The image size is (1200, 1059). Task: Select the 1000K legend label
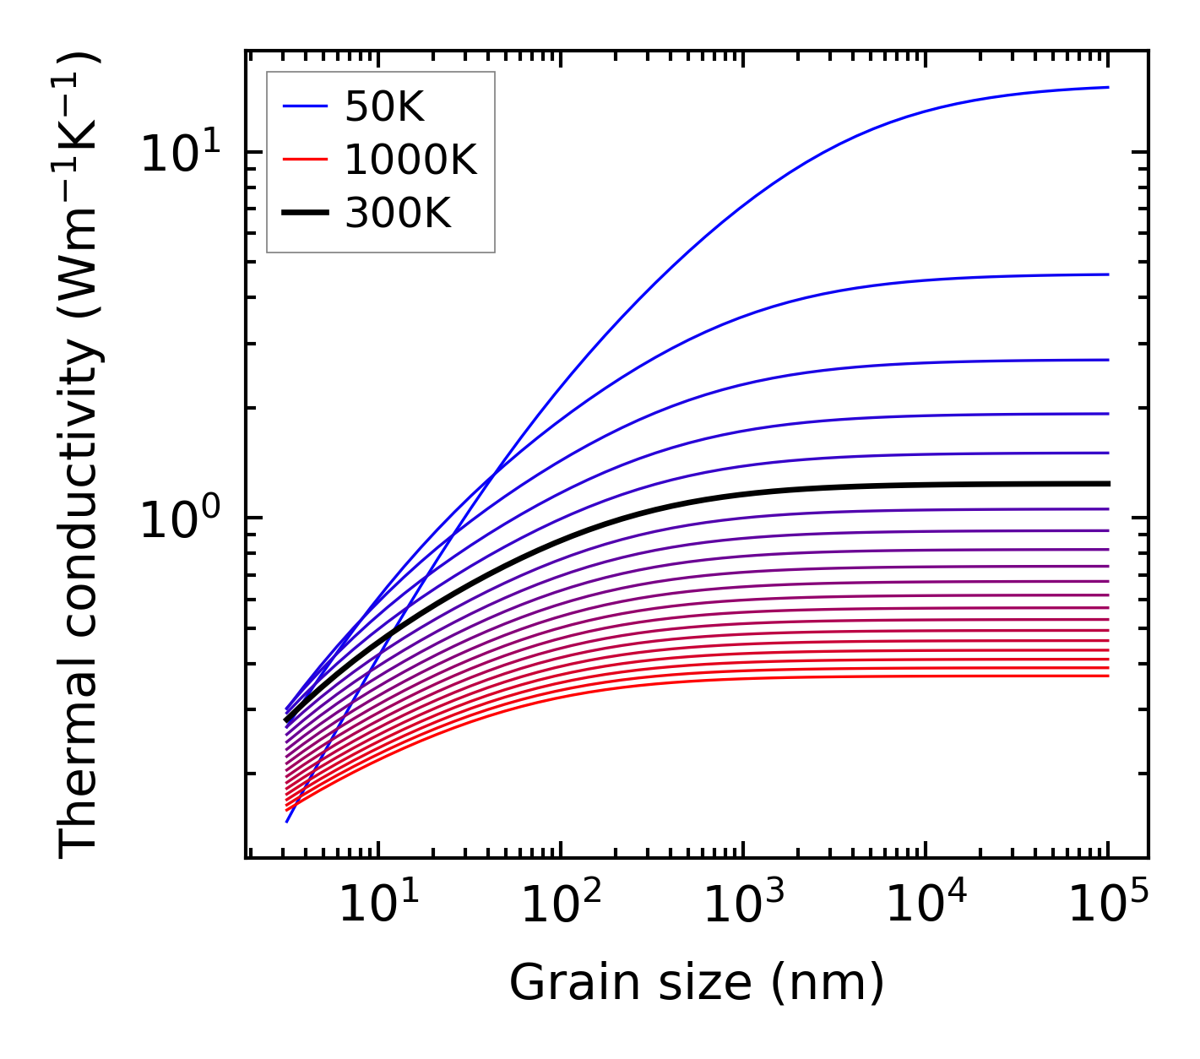(x=410, y=160)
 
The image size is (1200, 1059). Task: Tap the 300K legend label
(x=398, y=214)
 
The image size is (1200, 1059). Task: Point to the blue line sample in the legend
(x=304, y=106)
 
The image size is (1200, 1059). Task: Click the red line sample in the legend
(x=304, y=160)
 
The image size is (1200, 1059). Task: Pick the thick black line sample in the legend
(x=304, y=214)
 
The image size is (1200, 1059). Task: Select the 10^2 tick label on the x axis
(x=559, y=905)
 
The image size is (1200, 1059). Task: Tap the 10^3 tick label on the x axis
(x=741, y=905)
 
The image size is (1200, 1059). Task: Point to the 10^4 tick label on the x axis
(x=925, y=905)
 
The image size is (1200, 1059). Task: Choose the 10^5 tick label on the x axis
(x=1107, y=905)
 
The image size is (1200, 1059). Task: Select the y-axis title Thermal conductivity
(x=79, y=456)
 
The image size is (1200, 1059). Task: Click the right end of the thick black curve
(x=1107, y=484)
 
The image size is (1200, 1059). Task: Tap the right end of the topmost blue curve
(x=1107, y=87)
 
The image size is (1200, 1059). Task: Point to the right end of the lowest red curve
(x=1107, y=676)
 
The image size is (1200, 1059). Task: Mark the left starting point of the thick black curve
(x=287, y=720)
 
